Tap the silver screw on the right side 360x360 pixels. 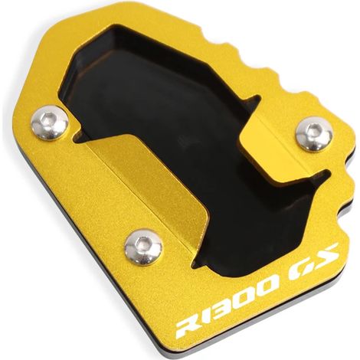pos(314,133)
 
